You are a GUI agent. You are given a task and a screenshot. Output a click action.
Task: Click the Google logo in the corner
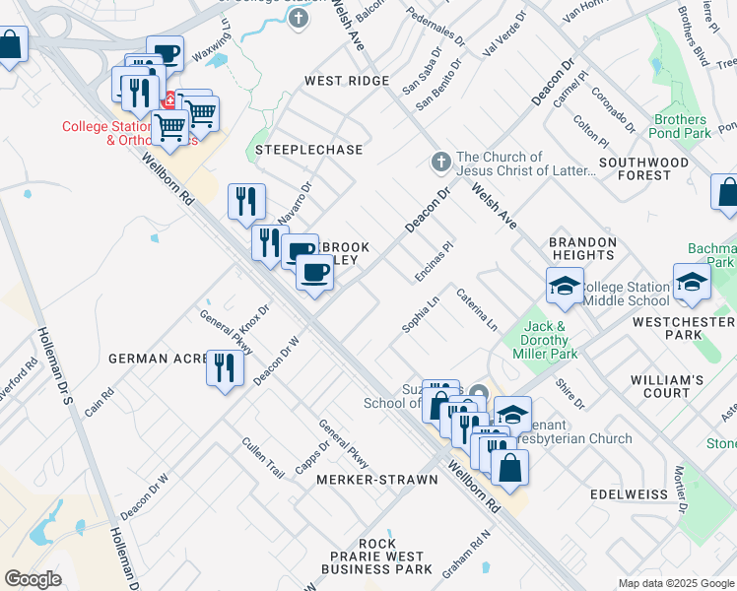coord(33,579)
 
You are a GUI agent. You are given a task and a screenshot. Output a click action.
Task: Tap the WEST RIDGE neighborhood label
coord(347,81)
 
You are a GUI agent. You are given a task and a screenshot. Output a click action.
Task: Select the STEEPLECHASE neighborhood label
coord(308,150)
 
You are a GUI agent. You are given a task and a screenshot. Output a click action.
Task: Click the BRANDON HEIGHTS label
coord(582,249)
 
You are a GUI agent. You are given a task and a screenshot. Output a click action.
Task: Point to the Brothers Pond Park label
coord(681,126)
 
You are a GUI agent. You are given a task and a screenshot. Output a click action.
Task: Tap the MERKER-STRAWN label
coord(376,480)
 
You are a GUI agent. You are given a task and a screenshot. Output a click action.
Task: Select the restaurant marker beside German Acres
coord(226,368)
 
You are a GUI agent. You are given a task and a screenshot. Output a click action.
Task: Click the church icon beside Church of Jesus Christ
coord(441,161)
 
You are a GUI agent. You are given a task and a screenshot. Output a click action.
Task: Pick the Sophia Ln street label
coord(420,314)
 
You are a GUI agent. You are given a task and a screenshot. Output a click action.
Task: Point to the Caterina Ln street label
coord(476,309)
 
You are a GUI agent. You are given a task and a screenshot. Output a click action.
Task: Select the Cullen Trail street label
coord(263,458)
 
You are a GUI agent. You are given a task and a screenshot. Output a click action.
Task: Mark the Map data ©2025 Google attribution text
coord(675,583)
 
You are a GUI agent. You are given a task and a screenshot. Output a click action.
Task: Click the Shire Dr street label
coord(570,395)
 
